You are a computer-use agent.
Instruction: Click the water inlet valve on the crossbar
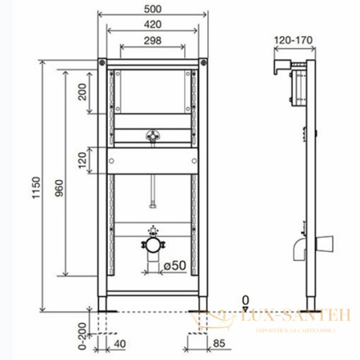click(x=151, y=135)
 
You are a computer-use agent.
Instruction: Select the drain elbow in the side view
click(x=300, y=249)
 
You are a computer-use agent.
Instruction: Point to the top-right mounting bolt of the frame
click(x=203, y=62)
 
